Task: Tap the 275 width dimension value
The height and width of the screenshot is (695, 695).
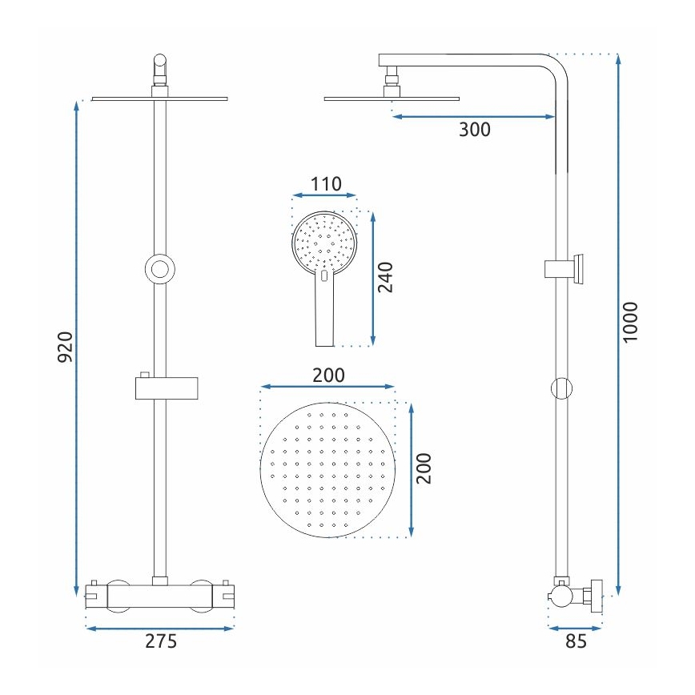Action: [160, 641]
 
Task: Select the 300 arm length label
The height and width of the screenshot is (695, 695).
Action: [474, 130]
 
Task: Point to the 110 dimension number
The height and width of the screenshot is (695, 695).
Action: [325, 184]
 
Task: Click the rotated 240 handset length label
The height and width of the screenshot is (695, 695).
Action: [387, 278]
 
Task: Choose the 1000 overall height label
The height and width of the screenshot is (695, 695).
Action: [631, 322]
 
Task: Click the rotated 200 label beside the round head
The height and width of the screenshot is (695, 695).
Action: [424, 468]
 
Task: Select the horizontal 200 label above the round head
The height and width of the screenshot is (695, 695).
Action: [327, 375]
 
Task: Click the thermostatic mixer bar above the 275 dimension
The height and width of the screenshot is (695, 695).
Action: [160, 595]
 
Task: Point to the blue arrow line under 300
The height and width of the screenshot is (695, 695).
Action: [474, 117]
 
